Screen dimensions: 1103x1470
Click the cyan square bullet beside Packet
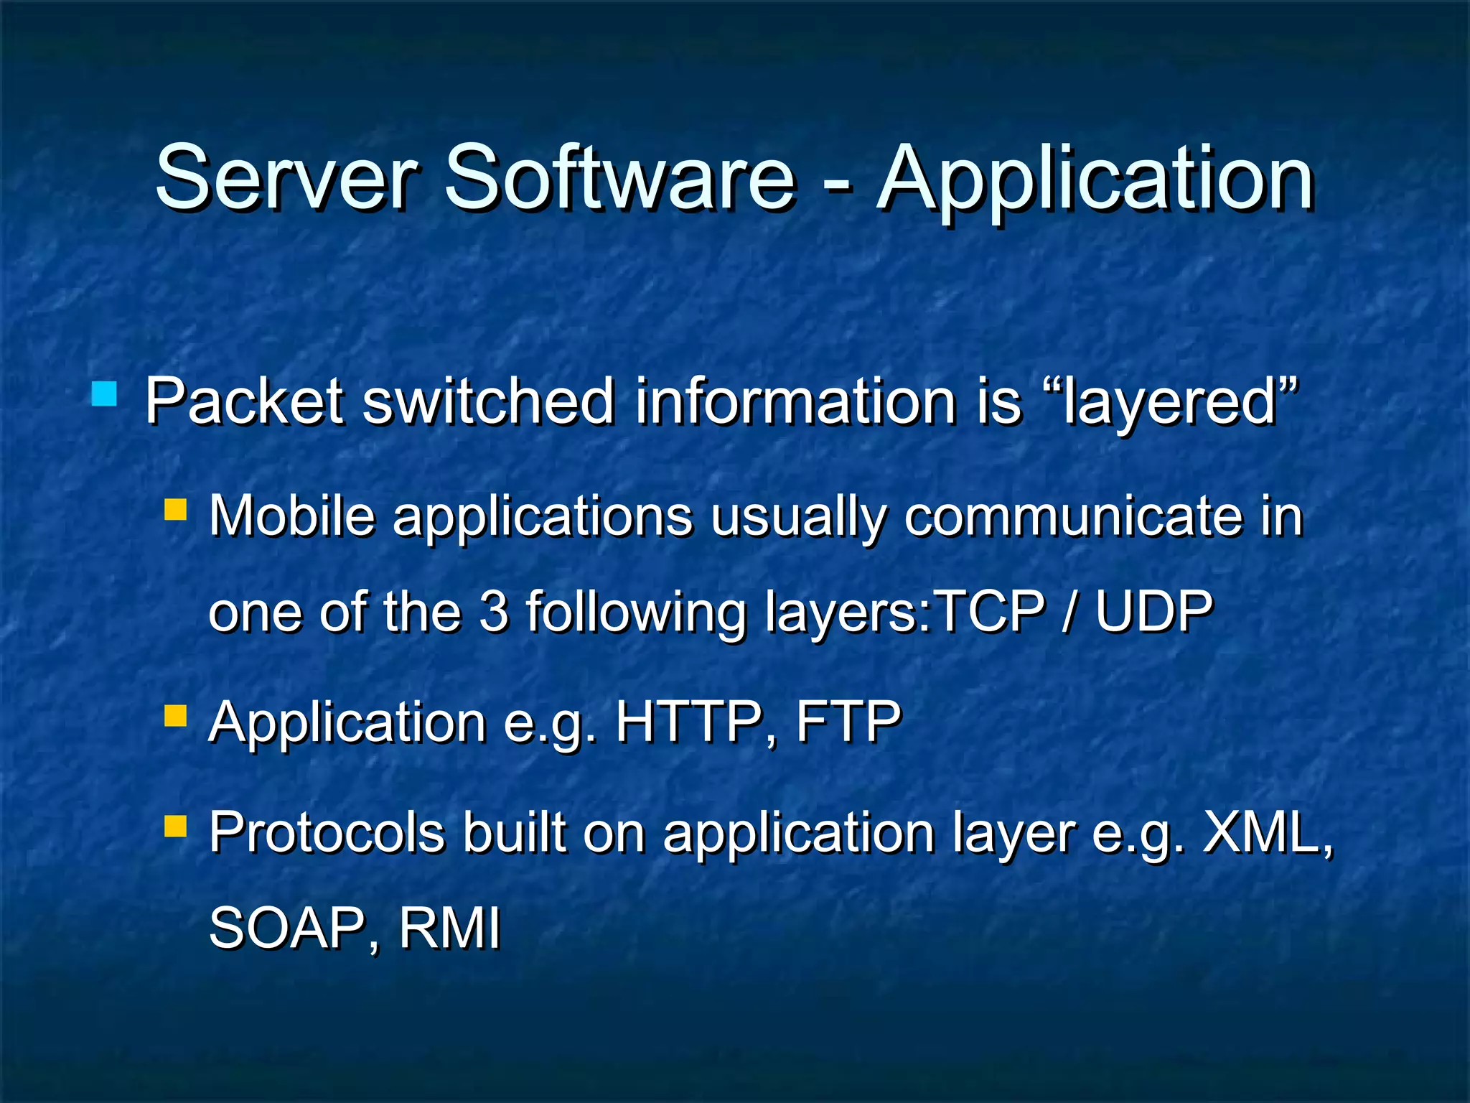[105, 394]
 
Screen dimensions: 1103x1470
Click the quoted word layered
[1171, 402]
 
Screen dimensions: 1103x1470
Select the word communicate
[1072, 516]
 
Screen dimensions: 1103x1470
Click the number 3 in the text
[494, 612]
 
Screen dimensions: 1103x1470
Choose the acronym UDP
[1153, 612]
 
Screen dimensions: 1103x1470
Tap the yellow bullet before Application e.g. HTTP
[176, 716]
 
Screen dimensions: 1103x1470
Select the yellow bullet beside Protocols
[176, 827]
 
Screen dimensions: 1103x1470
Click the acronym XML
[1263, 833]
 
